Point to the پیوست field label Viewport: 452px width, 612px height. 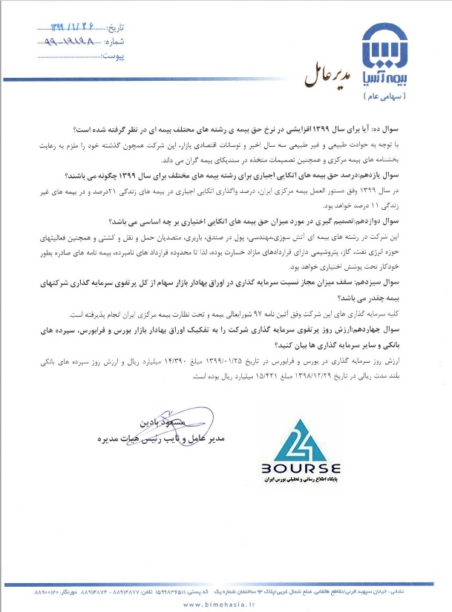coord(108,56)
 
